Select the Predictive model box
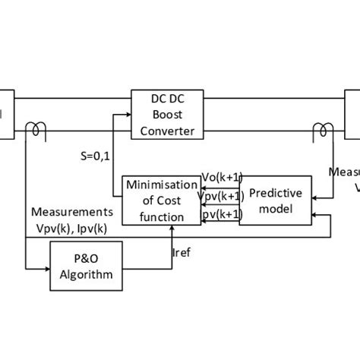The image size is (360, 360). tap(276, 200)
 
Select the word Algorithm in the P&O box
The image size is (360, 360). tap(87, 276)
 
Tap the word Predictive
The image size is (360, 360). tap(276, 192)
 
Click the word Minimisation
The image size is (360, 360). tap(155, 185)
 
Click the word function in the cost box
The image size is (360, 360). tap(155, 216)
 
